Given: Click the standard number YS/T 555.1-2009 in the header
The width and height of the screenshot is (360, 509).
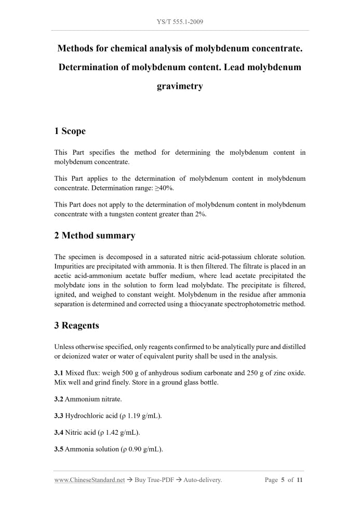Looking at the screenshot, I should [180, 22].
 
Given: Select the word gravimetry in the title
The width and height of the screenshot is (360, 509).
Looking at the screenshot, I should [180, 86].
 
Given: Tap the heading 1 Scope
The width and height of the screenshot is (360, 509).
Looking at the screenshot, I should [70, 131].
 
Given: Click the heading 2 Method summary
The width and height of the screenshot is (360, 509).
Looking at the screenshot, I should [95, 235].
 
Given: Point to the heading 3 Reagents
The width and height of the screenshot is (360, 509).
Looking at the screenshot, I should [76, 326].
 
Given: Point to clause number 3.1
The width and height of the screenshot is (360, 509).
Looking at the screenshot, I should [59, 373].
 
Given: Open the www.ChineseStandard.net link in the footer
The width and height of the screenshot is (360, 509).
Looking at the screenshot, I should [89, 480].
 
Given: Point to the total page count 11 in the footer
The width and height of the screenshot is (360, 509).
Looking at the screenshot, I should [300, 480].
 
